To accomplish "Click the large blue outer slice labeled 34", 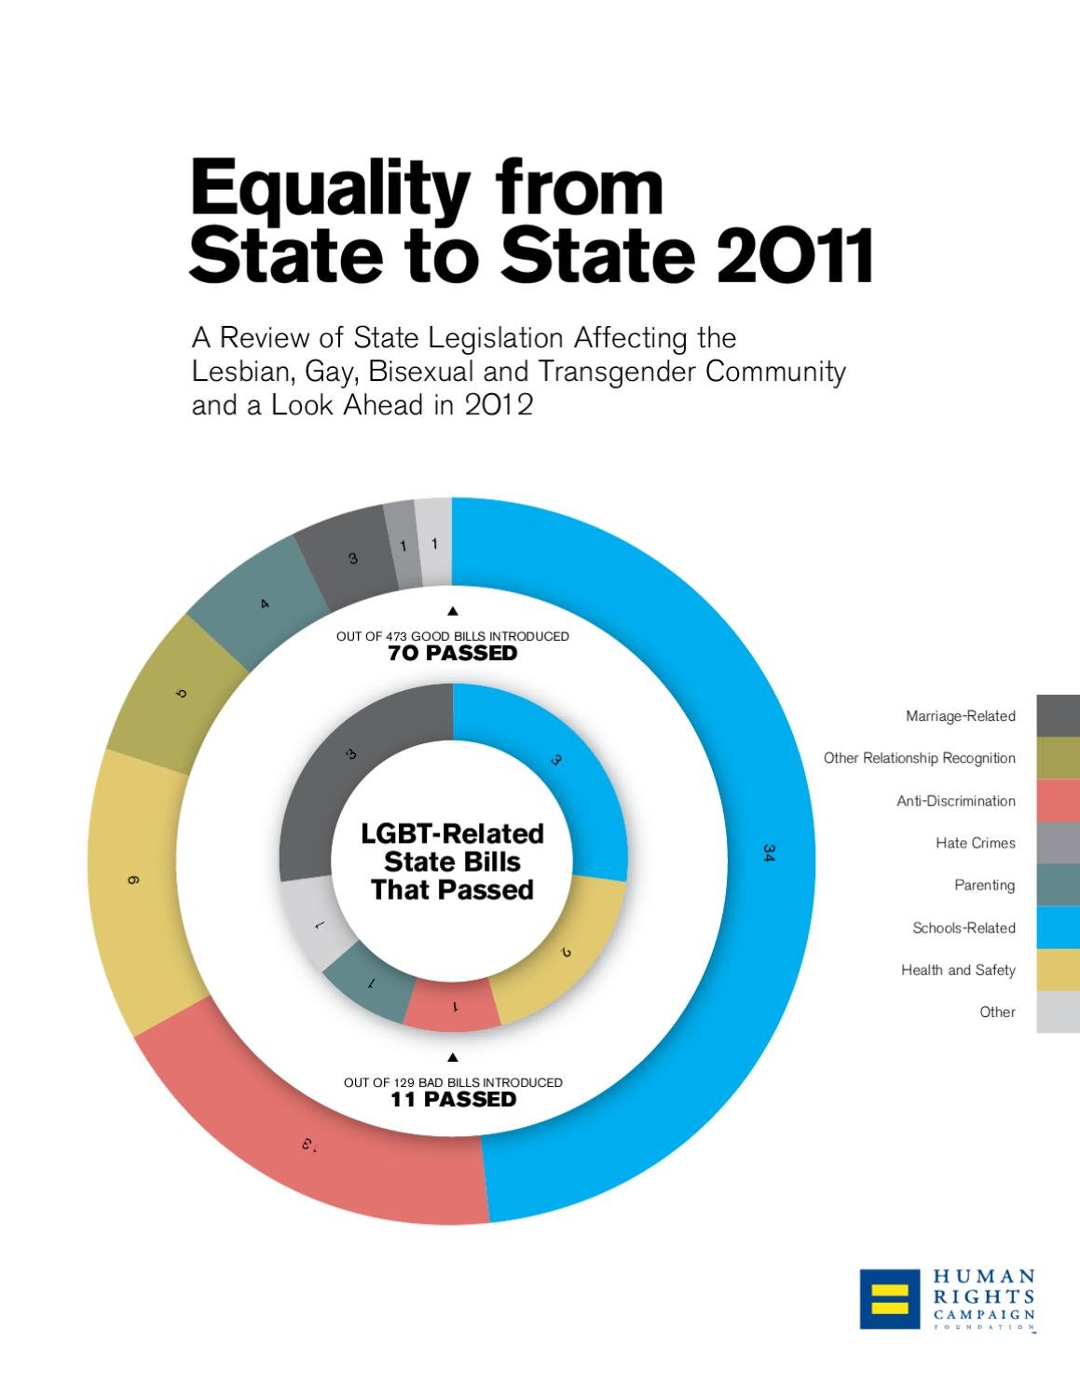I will (736, 852).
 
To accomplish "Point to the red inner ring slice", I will (453, 1006).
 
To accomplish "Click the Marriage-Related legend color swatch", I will (1059, 715).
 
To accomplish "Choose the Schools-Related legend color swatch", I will (1059, 928).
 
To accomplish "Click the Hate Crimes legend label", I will (975, 843).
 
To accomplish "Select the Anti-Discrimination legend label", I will (955, 801).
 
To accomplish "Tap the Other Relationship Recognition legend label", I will (919, 758).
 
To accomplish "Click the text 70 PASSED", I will (452, 654).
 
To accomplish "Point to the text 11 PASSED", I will (453, 1100).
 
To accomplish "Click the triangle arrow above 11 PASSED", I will (453, 1057).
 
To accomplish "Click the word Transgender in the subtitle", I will (618, 372).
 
